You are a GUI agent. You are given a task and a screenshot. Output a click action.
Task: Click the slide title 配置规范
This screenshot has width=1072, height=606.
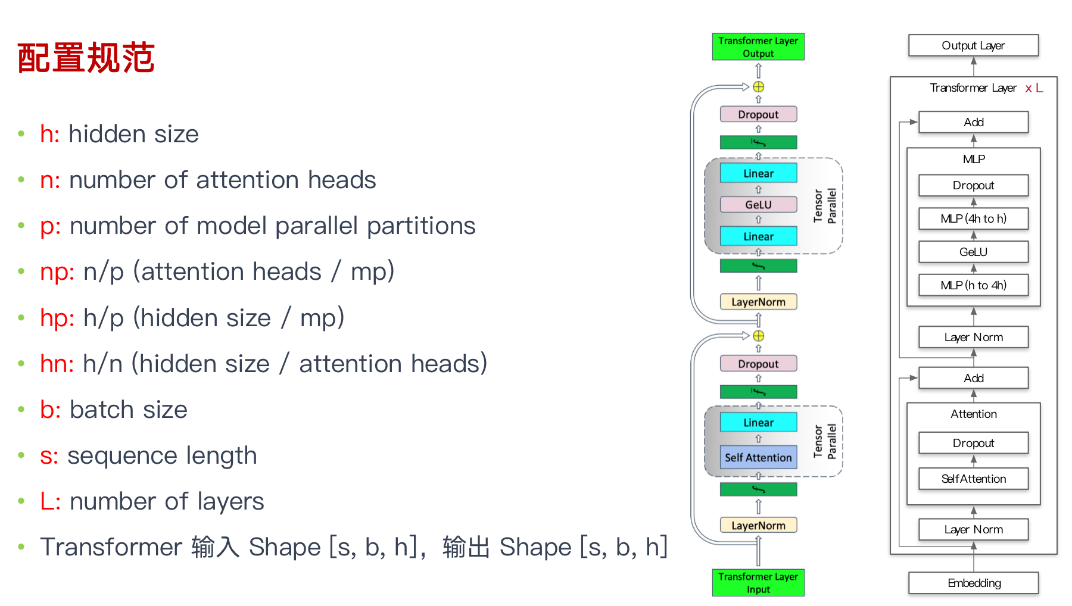point(86,58)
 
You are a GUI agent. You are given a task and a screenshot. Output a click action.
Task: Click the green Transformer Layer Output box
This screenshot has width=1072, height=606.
point(758,47)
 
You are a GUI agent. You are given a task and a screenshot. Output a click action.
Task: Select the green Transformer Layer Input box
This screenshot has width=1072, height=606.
point(758,582)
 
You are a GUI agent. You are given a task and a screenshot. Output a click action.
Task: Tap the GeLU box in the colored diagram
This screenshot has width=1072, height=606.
point(758,205)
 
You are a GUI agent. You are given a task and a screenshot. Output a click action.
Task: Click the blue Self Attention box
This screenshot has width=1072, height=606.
point(758,457)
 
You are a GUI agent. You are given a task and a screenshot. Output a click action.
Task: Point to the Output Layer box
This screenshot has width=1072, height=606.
point(973,46)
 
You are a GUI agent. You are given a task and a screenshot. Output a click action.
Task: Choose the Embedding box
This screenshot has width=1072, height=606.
point(973,583)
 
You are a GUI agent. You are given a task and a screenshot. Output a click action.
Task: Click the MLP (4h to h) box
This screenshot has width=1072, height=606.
point(973,218)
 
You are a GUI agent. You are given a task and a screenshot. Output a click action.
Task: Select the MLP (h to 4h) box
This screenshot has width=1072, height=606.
point(973,285)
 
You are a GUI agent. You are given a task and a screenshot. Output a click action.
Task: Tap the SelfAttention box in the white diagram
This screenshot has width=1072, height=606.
point(973,479)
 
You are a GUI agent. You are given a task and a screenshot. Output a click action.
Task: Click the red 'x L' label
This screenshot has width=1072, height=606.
point(1034,88)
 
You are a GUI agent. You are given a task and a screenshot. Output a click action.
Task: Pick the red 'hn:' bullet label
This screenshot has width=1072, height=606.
point(57,364)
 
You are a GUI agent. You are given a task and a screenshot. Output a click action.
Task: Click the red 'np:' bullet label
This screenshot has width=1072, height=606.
point(57,272)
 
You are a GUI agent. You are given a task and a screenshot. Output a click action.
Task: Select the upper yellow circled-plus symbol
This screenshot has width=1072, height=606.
point(758,87)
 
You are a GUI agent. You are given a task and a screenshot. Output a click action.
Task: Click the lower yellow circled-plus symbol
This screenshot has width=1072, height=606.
point(758,336)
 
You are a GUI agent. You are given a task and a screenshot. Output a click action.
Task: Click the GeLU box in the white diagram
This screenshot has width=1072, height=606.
point(973,252)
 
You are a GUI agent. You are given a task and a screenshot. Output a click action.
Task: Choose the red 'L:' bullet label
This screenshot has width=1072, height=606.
point(50,501)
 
